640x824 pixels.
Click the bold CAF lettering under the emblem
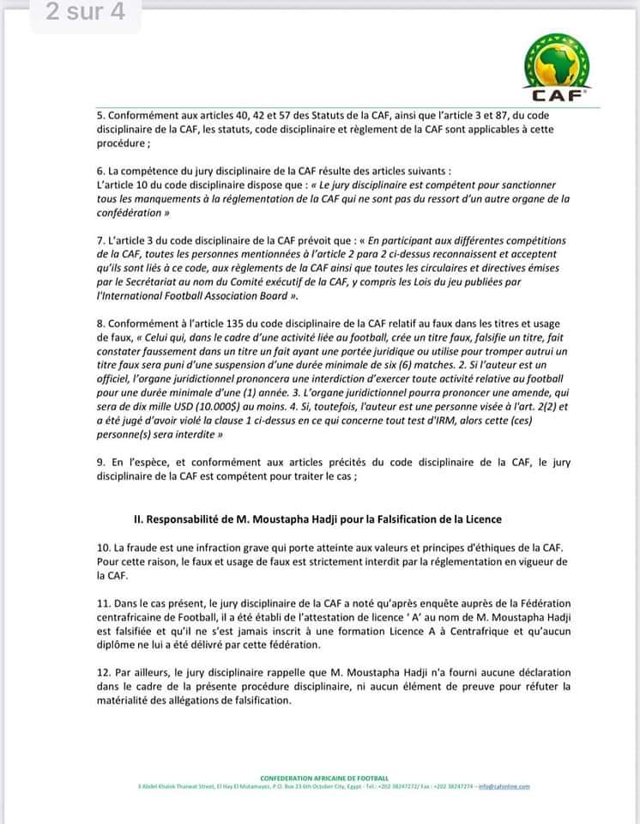click(x=561, y=95)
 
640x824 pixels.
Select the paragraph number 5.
click(x=99, y=116)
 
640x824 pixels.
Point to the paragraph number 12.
click(x=102, y=672)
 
